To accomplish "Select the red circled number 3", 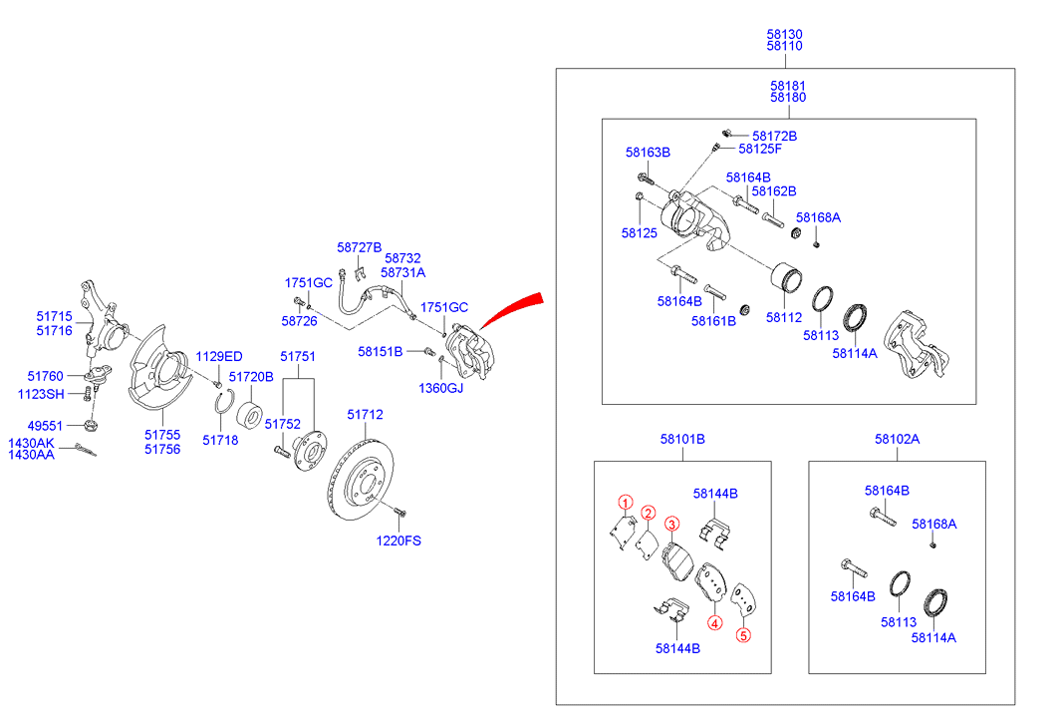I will point(671,526).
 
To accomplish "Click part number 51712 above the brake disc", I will point(365,414).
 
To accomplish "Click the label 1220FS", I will point(398,542).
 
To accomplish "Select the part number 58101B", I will point(682,439).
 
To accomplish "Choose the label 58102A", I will point(898,439).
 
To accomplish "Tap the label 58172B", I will point(775,136).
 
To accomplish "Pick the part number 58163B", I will point(648,153).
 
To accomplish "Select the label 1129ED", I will point(218,356).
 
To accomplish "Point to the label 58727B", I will point(360,246).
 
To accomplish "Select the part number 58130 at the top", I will point(785,34).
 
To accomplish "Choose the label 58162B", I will point(774,190).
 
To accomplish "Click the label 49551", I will point(44,424).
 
